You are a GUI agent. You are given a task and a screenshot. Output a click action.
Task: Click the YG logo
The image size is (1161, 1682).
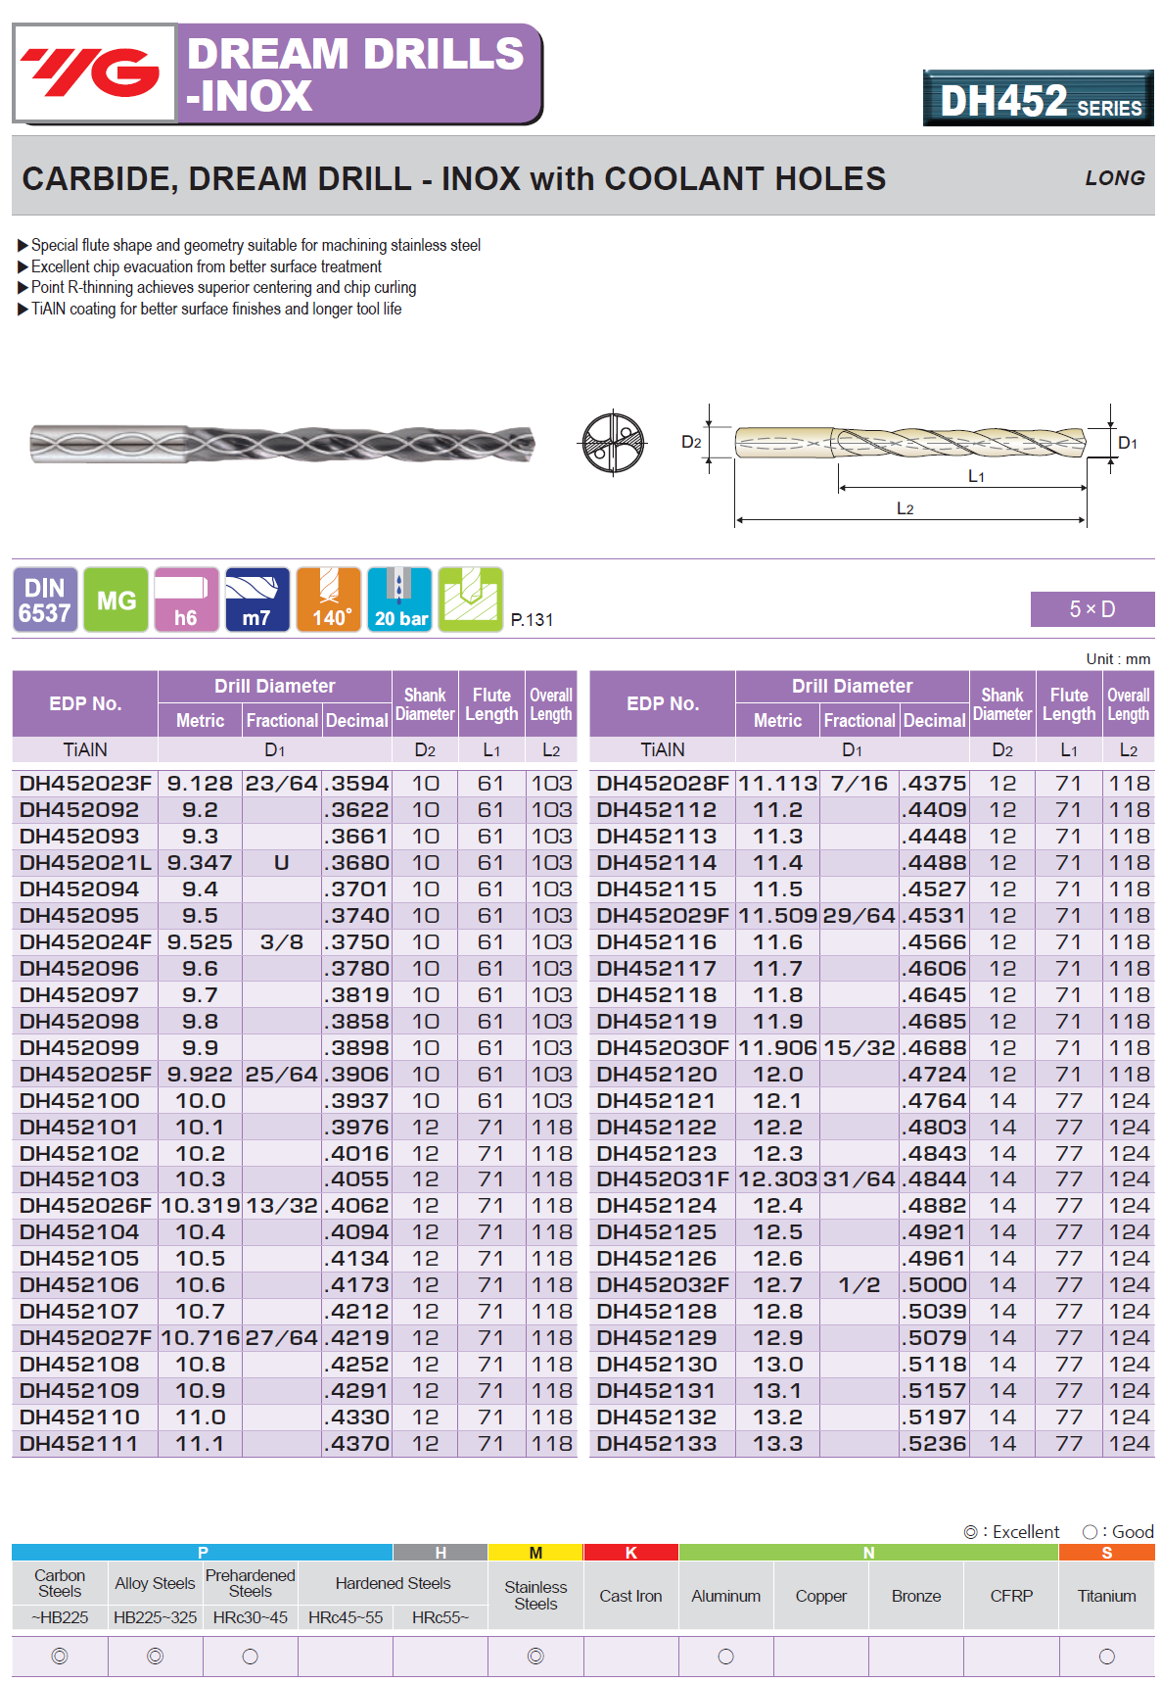click(x=93, y=72)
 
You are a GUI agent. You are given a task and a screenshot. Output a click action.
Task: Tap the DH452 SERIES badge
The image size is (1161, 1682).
click(x=1038, y=99)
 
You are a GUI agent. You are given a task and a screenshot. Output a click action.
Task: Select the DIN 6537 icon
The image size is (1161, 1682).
click(x=45, y=600)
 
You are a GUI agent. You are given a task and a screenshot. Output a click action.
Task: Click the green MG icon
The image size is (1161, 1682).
click(x=116, y=600)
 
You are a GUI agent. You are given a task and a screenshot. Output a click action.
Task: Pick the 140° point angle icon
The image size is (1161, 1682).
click(x=329, y=600)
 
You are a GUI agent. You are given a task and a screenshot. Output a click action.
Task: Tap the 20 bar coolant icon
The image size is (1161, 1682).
click(x=399, y=600)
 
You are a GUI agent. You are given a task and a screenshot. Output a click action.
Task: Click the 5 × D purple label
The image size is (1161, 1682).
click(x=1091, y=609)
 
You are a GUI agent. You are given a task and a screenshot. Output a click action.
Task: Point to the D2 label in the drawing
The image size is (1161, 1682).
click(x=691, y=442)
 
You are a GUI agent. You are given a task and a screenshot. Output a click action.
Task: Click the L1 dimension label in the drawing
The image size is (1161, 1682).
click(x=976, y=476)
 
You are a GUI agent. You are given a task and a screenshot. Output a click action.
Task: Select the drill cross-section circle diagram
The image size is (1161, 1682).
click(x=614, y=443)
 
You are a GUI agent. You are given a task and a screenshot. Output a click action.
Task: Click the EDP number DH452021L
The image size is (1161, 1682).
click(x=85, y=863)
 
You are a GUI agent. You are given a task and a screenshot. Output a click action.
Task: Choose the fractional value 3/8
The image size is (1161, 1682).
click(x=282, y=942)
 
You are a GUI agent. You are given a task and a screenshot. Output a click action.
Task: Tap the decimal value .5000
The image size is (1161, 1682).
click(x=934, y=1285)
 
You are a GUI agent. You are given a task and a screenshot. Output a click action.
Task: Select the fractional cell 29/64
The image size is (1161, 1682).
click(x=859, y=916)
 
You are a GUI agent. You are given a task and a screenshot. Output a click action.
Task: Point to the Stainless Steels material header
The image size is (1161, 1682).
click(x=535, y=1595)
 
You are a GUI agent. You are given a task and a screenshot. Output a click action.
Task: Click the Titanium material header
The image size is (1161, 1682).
click(x=1106, y=1596)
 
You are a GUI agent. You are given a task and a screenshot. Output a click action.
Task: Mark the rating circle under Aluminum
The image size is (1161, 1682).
click(x=725, y=1657)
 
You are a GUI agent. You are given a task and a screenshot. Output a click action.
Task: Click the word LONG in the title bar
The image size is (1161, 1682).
click(x=1114, y=178)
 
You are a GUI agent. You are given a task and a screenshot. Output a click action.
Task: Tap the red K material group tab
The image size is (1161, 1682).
click(x=630, y=1553)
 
